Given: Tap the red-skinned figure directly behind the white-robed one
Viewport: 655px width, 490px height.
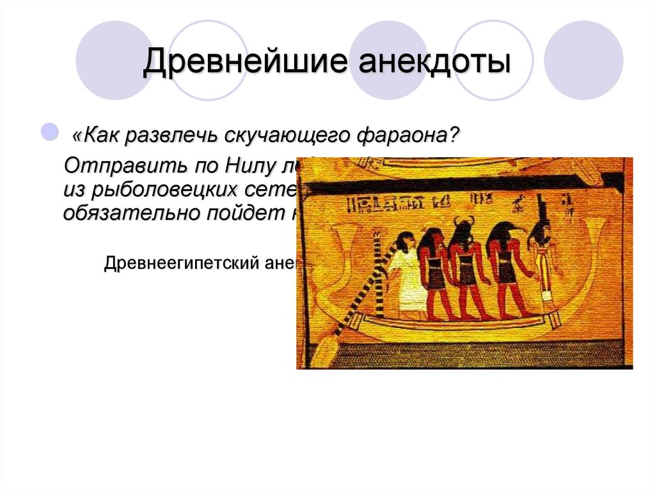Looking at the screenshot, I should [x=434, y=275].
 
